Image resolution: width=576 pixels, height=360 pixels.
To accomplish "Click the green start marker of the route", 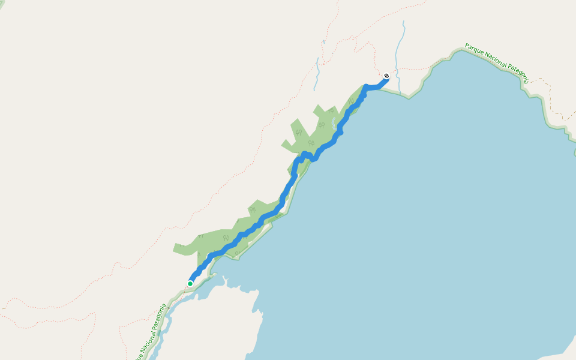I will coord(190,284).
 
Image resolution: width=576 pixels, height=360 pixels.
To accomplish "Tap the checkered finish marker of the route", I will coord(386,76).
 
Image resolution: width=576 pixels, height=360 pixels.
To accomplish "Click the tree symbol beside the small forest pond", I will coord(322,125).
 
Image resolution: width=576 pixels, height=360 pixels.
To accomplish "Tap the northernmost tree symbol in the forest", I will coord(330,110).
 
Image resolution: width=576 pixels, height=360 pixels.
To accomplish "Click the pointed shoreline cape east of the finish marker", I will coord(409,97).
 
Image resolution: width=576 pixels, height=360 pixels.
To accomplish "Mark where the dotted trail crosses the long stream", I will coord(397,68).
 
